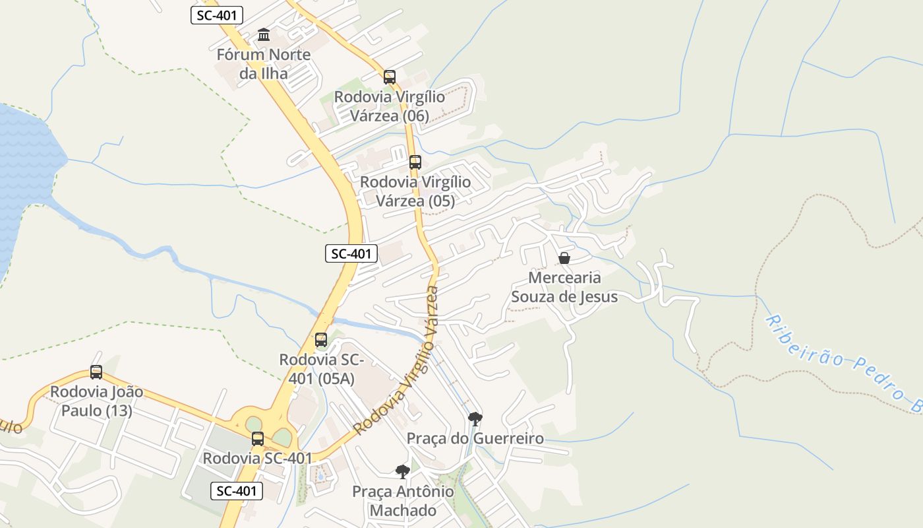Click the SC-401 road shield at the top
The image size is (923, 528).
pyautogui.click(x=217, y=15)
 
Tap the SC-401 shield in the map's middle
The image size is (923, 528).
pyautogui.click(x=351, y=253)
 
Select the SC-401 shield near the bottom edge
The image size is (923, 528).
pyautogui.click(x=237, y=491)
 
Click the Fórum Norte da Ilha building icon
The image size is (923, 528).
pyautogui.click(x=264, y=34)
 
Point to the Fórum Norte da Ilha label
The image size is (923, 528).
pyautogui.click(x=264, y=64)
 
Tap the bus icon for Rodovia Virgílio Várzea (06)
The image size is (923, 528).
pyautogui.click(x=390, y=77)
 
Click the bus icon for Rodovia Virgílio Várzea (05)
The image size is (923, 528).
pyautogui.click(x=415, y=162)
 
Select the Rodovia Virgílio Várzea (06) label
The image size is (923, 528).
pyautogui.click(x=390, y=106)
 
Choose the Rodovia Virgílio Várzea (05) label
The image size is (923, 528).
pyautogui.click(x=415, y=191)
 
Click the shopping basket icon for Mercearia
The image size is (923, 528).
pyautogui.click(x=564, y=258)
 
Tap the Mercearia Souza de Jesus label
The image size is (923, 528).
pyautogui.click(x=564, y=287)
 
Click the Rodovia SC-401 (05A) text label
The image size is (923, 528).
pyautogui.click(x=322, y=369)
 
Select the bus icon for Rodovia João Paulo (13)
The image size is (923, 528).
pyautogui.click(x=96, y=372)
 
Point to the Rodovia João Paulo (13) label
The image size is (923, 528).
pyautogui.click(x=96, y=401)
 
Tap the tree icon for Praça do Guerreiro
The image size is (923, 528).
pyautogui.click(x=475, y=418)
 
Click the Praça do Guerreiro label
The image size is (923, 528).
pyautogui.click(x=475, y=438)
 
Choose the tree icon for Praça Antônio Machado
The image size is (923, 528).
pyautogui.click(x=402, y=471)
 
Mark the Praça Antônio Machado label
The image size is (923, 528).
pyautogui.click(x=403, y=501)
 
